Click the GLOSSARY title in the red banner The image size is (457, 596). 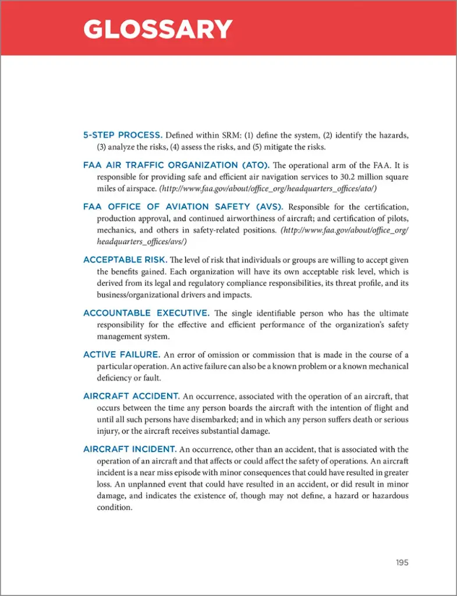(x=158, y=29)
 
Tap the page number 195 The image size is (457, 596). (x=402, y=562)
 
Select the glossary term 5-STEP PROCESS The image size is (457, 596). (x=122, y=135)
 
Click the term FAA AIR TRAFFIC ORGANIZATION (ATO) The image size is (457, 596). (x=183, y=165)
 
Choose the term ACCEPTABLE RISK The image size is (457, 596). (x=125, y=260)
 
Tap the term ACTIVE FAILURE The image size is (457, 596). (x=122, y=354)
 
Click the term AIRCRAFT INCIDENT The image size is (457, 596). (x=130, y=449)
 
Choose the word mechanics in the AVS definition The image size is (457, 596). (x=115, y=230)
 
